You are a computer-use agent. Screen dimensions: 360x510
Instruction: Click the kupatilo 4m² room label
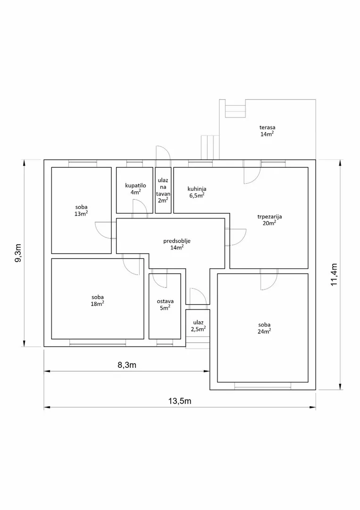pos(135,188)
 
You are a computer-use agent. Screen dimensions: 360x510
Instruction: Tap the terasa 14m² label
pos(267,130)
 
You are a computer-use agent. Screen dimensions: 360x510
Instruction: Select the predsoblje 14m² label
pos(177,244)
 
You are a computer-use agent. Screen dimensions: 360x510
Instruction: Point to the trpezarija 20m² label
pos(269,220)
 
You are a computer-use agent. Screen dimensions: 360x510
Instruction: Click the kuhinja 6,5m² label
pos(197,192)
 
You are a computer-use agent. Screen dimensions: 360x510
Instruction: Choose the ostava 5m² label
pos(165,305)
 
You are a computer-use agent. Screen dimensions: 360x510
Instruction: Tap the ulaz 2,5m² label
pos(198,325)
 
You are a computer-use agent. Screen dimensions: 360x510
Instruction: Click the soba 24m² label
pos(264,328)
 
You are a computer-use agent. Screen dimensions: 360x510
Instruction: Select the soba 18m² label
pos(98,300)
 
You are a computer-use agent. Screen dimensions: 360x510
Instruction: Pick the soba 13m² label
pos(81,210)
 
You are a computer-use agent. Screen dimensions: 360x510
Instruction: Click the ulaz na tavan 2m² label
pos(163,190)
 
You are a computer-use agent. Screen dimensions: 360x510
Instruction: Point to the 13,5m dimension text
pos(180,401)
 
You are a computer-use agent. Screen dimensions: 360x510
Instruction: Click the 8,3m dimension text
pos(127,365)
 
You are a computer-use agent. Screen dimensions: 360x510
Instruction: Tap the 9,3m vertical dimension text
pos(18,253)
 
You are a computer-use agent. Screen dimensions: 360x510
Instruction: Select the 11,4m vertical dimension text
pos(334,274)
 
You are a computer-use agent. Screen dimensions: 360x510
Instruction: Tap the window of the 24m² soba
pos(263,386)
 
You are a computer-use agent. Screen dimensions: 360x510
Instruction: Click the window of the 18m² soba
pos(98,342)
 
